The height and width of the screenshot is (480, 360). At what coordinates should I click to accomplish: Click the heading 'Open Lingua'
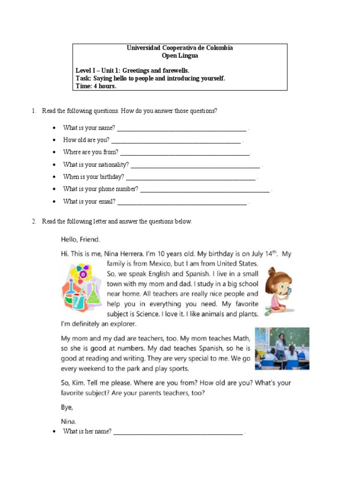180,56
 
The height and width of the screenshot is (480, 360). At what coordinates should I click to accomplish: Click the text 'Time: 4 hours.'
96,86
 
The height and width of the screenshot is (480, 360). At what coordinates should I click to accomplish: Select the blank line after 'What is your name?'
181,128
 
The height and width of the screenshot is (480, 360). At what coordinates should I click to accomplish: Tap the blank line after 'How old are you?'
176,141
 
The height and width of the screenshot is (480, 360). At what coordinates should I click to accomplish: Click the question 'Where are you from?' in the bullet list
91,152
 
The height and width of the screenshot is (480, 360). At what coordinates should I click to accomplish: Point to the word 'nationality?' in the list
113,165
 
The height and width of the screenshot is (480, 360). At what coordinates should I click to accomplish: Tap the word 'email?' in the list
106,202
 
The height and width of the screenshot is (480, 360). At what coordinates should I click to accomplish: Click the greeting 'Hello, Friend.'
80,240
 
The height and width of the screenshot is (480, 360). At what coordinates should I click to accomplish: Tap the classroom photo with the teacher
282,349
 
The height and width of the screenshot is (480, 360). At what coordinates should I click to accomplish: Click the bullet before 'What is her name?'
55,431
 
